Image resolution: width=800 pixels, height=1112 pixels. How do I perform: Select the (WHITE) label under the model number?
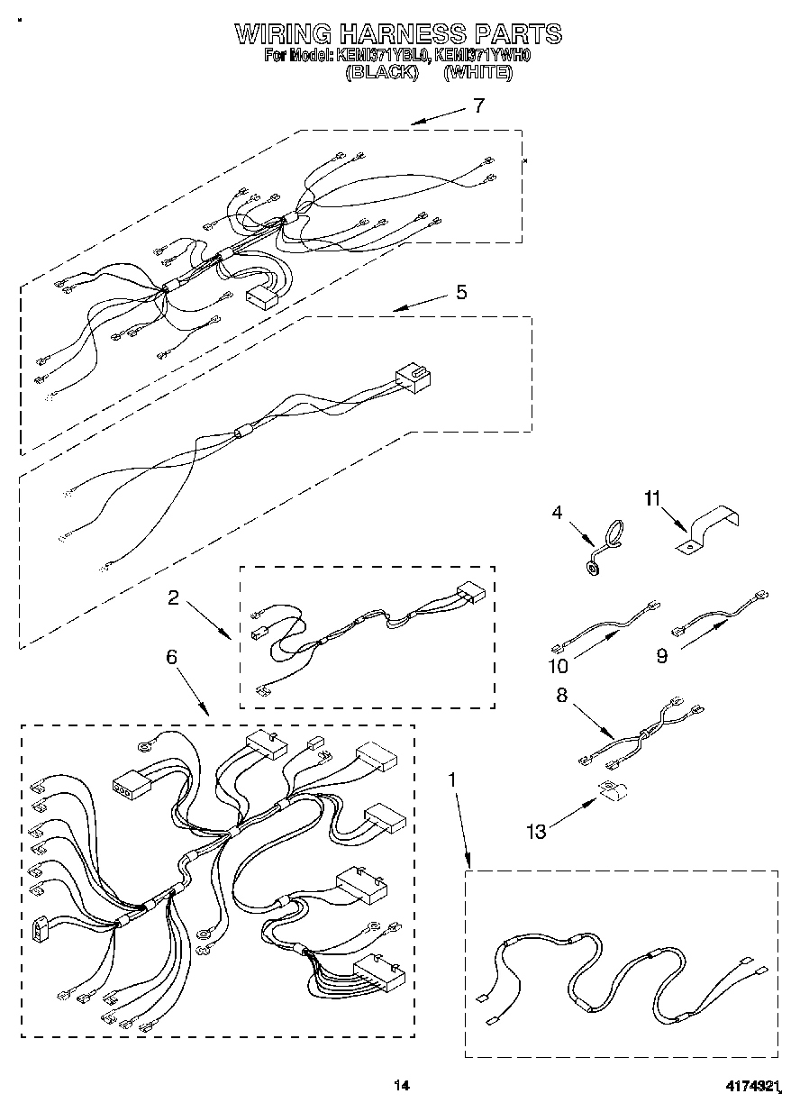[477, 73]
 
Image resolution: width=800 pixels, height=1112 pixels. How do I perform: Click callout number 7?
[478, 105]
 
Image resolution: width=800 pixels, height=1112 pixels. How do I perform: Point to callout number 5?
[460, 292]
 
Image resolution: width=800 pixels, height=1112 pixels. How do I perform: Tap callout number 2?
[171, 597]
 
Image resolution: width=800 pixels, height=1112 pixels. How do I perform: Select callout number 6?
[171, 657]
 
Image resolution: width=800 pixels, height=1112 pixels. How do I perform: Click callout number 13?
[536, 831]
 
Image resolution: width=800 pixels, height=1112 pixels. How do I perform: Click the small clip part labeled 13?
[615, 790]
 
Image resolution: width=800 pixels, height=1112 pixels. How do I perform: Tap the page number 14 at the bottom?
[401, 1086]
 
